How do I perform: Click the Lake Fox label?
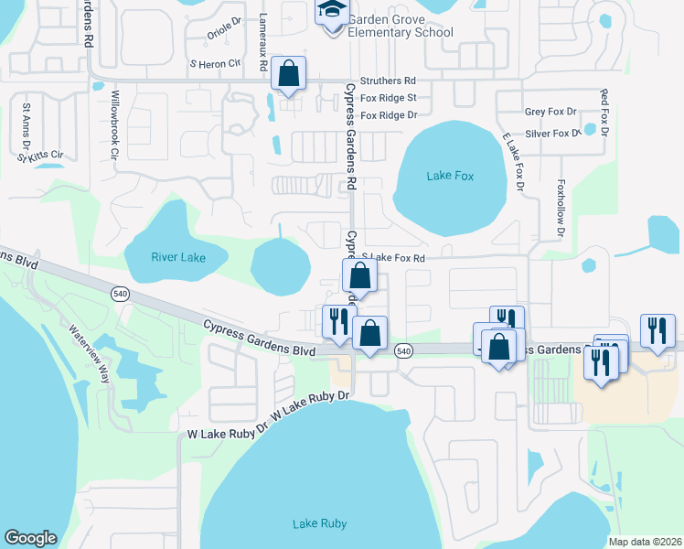click(x=450, y=176)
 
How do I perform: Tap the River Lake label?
click(x=178, y=257)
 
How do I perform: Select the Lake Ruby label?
click(x=319, y=523)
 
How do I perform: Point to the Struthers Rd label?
click(x=388, y=81)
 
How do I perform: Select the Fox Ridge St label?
click(x=389, y=98)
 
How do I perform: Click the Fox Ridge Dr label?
click(x=389, y=115)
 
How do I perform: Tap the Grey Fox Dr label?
click(x=550, y=112)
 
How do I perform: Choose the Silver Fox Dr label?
click(x=552, y=133)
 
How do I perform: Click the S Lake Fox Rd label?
click(x=394, y=258)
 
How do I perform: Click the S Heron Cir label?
click(x=214, y=64)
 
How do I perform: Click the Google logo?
click(x=30, y=538)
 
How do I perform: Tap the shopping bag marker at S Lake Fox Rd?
click(x=360, y=275)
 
